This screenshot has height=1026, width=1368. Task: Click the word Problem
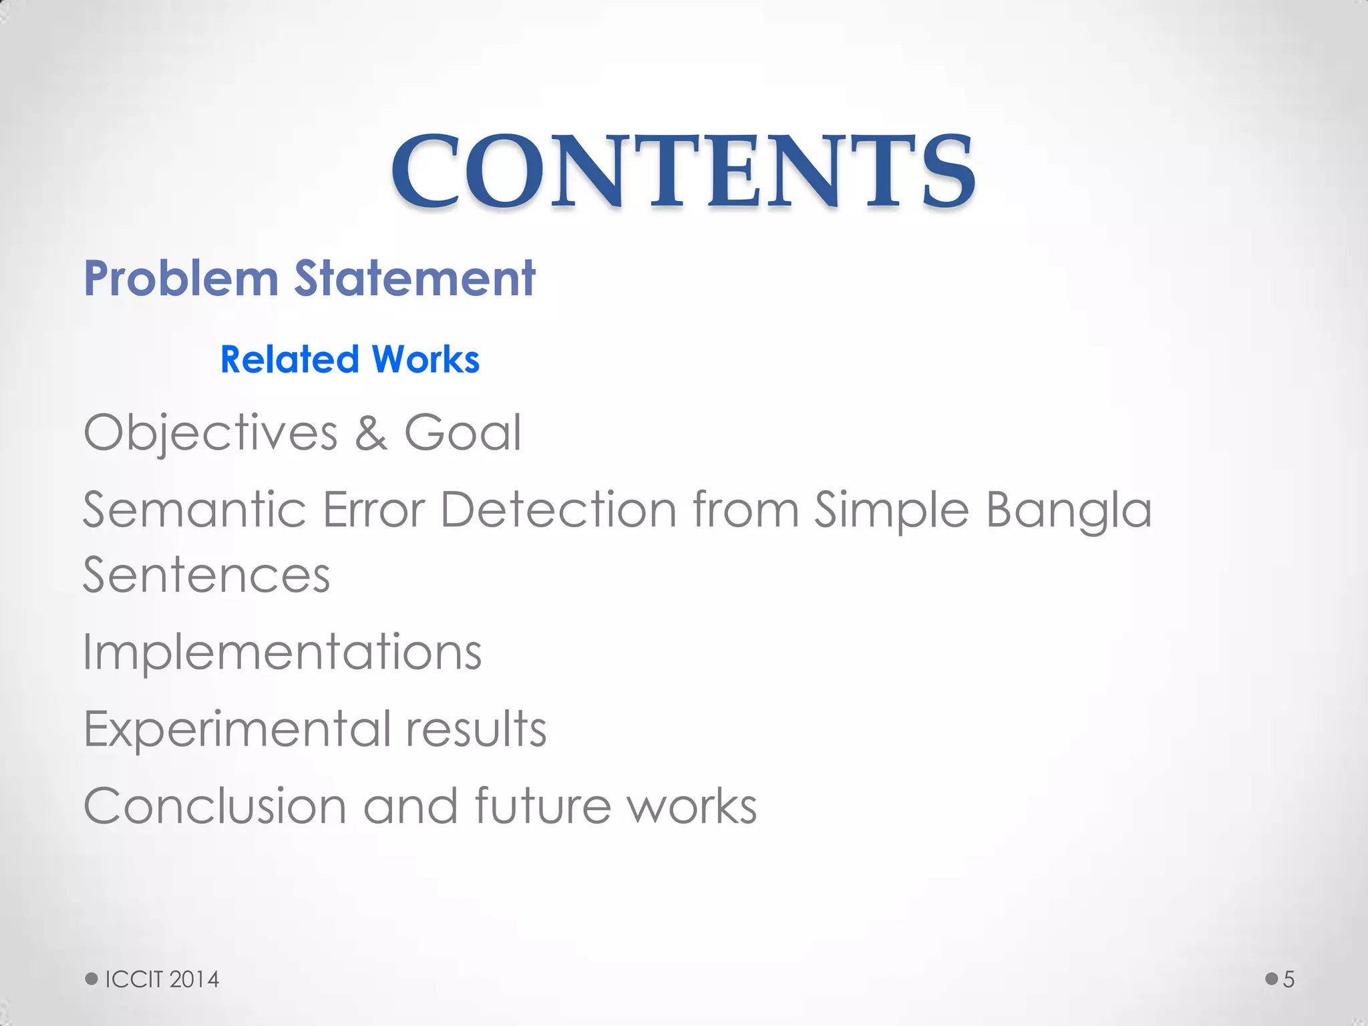point(181,278)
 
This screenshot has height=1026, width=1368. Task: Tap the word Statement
point(415,278)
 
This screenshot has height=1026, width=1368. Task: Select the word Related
point(289,359)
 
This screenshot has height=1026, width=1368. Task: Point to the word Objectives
point(210,434)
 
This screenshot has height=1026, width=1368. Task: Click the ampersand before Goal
point(371,433)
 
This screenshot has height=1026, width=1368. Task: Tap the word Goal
point(462,433)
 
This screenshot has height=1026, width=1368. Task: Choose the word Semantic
point(194,510)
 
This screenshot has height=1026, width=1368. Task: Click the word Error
point(373,510)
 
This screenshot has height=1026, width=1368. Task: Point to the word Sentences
point(206,575)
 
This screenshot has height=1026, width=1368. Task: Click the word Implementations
point(282,652)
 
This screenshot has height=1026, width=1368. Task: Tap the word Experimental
point(237,729)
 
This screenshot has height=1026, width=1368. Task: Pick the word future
point(542,806)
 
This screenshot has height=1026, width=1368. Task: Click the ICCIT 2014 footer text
point(162,979)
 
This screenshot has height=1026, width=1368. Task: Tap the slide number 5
point(1289,979)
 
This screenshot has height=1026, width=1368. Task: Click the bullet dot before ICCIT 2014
point(92,979)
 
